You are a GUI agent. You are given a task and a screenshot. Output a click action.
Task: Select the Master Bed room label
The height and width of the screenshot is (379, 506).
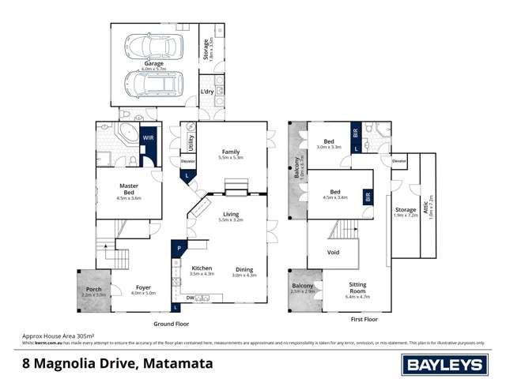pos(129,189)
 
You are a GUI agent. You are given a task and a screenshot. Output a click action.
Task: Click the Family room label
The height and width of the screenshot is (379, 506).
pos(230,152)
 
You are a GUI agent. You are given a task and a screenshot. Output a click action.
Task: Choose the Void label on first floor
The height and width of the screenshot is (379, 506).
pos(333,253)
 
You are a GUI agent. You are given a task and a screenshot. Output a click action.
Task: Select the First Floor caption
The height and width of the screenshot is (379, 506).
pos(364,319)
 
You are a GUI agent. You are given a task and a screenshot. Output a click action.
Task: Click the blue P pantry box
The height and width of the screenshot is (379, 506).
pos(179,247)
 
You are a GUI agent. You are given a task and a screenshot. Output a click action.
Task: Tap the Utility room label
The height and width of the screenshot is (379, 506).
pos(191,142)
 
